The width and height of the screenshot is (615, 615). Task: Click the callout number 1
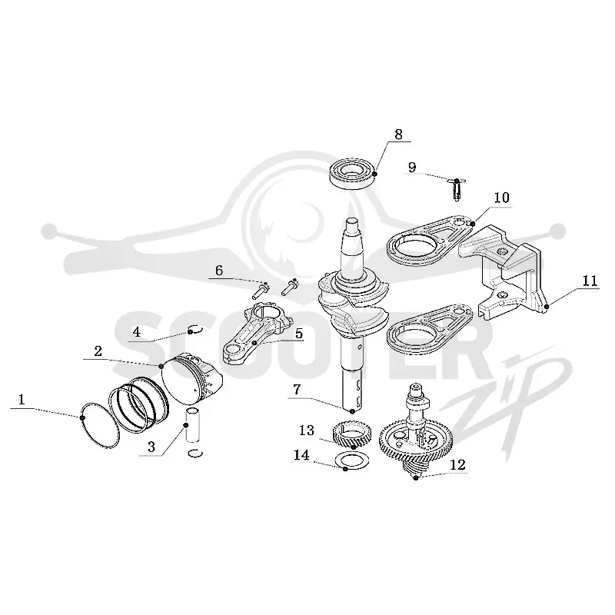(22, 400)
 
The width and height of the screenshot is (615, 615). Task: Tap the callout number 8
(398, 135)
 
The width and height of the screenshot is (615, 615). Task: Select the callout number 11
(590, 281)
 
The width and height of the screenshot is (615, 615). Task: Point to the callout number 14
(301, 455)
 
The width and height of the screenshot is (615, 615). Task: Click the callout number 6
(219, 271)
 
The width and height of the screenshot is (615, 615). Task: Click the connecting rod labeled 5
(258, 334)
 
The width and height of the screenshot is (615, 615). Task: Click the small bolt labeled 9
(456, 190)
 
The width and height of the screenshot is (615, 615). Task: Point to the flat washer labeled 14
(352, 460)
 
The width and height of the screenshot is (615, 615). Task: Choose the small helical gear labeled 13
(351, 434)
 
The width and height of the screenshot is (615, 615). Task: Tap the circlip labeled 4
(195, 330)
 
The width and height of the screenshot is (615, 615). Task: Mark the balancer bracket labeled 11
(502, 273)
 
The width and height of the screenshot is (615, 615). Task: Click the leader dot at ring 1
(82, 417)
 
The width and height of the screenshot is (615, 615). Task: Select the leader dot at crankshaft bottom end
(352, 411)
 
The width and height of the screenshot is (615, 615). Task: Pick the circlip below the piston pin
(195, 454)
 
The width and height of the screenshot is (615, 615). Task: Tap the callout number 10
(501, 198)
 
